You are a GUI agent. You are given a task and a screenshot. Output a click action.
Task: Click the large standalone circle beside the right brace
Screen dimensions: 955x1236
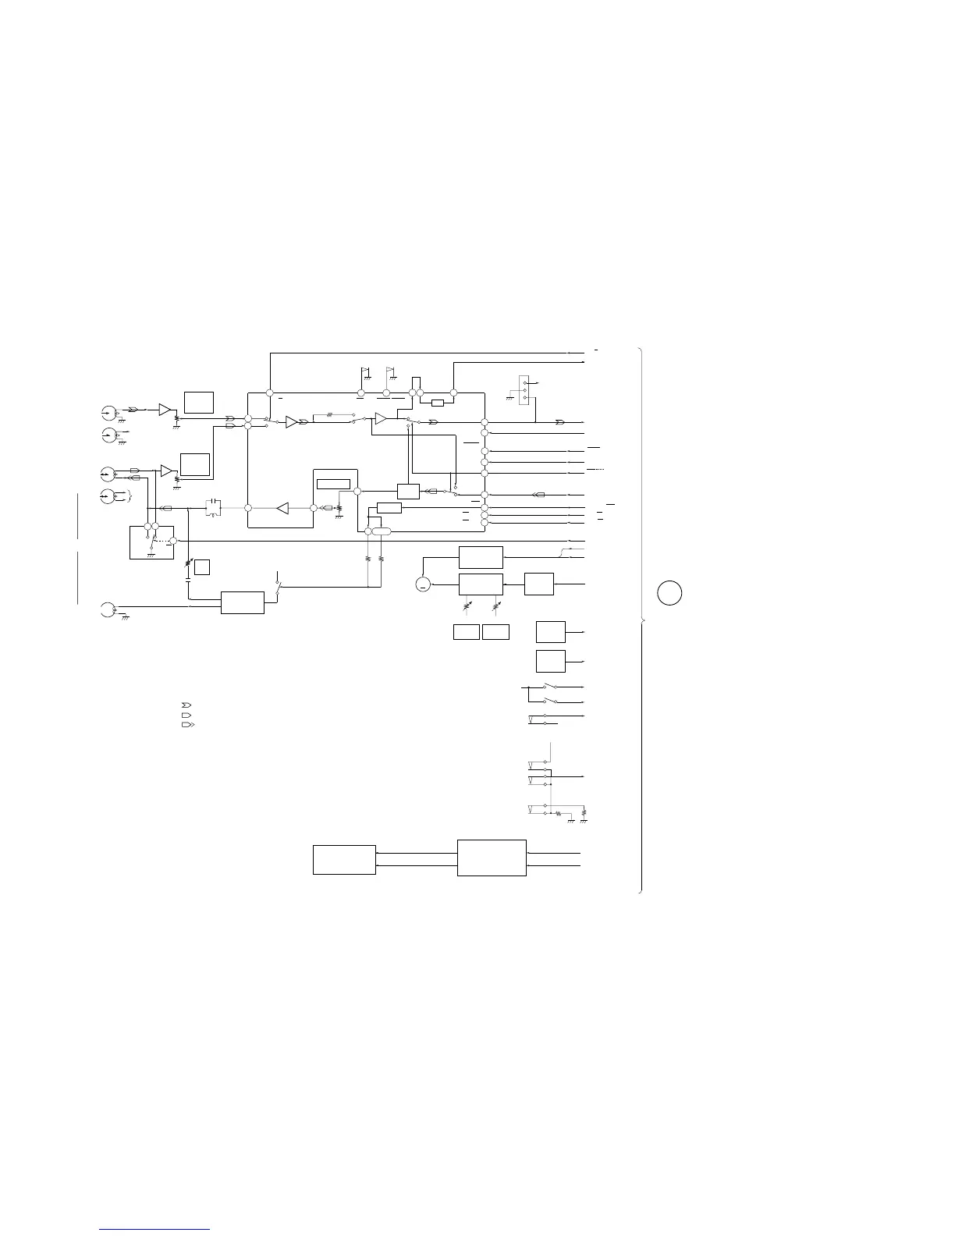tap(669, 593)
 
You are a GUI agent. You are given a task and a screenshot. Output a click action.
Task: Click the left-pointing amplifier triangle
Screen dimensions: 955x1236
tap(282, 508)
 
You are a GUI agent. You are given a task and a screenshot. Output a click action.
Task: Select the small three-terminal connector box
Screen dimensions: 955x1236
tap(524, 389)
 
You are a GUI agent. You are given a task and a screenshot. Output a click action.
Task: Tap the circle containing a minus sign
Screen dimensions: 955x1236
tap(423, 584)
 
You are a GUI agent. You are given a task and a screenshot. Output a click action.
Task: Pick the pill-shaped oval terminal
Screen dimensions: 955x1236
tap(381, 531)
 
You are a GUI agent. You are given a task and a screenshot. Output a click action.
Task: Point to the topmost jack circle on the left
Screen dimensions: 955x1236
tap(108, 411)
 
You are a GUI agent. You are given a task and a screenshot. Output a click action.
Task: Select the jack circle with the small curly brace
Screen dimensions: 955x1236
tap(108, 495)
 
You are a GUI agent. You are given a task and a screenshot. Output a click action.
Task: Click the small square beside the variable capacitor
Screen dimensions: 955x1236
tap(202, 566)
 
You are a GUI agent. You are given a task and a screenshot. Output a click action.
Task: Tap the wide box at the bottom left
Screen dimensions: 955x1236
tap(344, 859)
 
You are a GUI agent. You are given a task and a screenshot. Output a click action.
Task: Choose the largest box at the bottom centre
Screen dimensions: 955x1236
tap(492, 858)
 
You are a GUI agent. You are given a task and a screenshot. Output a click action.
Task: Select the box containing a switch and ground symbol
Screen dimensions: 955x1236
tap(151, 542)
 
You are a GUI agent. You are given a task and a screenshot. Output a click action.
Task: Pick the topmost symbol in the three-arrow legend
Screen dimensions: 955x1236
tap(186, 705)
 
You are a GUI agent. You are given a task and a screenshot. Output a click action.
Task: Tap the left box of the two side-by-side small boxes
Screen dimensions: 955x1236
tap(466, 632)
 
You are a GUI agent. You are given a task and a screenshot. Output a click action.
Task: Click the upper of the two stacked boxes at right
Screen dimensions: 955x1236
tap(550, 630)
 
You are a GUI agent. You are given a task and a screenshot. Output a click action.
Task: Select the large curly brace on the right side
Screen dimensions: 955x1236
tap(641, 620)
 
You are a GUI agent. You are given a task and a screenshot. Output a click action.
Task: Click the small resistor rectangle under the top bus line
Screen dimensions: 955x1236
tap(438, 403)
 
